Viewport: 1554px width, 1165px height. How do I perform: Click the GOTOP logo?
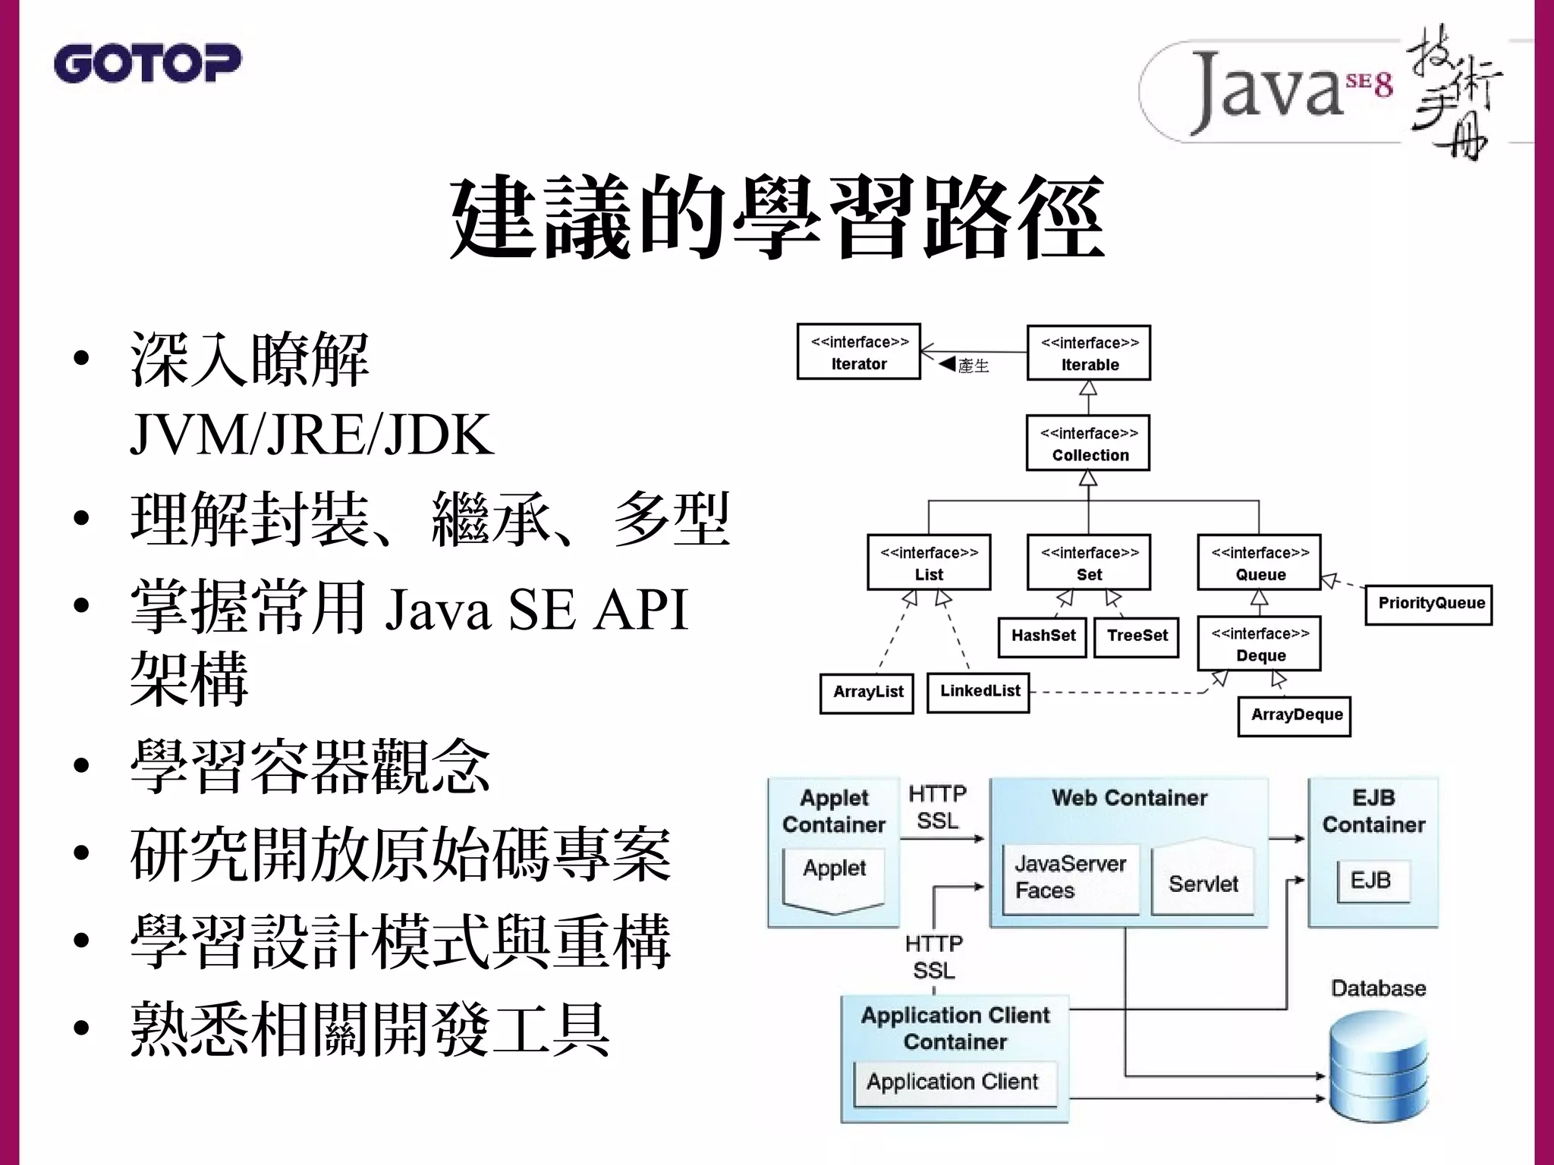tap(148, 63)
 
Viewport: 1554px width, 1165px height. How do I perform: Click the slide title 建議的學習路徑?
tap(776, 218)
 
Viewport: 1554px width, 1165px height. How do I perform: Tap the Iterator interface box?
tap(858, 352)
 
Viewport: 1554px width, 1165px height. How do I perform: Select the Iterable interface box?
tap(1089, 353)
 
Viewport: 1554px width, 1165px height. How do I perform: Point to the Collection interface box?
tap(1089, 443)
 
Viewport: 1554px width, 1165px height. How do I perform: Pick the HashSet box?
tap(1043, 636)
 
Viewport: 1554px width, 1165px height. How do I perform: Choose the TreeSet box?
tap(1137, 636)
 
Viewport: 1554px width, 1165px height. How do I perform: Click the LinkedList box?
tap(979, 692)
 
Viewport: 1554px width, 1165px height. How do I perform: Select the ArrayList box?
tap(867, 692)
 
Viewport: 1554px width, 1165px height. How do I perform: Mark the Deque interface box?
tap(1260, 644)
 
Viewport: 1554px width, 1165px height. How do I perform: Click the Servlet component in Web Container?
tap(1203, 883)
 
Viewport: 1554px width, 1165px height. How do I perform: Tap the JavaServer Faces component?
tap(1070, 877)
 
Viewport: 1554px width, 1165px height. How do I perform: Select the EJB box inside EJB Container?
tap(1372, 880)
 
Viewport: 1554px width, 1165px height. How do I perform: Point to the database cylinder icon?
tap(1379, 1066)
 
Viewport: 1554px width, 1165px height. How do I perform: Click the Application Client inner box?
tap(953, 1082)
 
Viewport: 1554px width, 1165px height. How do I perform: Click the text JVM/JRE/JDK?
tap(311, 435)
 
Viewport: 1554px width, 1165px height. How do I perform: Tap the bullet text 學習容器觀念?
tap(310, 767)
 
